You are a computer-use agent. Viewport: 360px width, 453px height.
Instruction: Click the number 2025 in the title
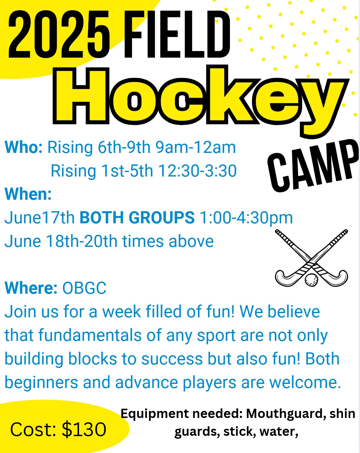[59, 34]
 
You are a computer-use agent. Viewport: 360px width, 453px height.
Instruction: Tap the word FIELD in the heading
[177, 34]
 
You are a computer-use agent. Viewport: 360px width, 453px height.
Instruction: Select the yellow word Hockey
[201, 101]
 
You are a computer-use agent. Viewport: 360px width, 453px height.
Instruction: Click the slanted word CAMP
[313, 166]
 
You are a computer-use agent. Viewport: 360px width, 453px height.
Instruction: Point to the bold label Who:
[24, 147]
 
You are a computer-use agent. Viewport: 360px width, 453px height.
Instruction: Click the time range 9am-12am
[196, 147]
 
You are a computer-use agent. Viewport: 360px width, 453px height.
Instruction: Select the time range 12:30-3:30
[197, 171]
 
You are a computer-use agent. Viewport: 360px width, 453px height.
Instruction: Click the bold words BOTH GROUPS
[137, 218]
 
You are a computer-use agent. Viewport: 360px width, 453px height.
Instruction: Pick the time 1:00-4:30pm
[246, 218]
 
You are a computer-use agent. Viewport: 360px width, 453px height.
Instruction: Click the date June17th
[39, 218]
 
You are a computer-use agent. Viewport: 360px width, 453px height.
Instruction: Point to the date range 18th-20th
[81, 241]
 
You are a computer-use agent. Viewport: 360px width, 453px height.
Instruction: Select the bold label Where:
[31, 288]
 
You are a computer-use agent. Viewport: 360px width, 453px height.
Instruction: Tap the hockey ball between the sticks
[311, 280]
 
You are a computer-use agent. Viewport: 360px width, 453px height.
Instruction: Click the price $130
[84, 429]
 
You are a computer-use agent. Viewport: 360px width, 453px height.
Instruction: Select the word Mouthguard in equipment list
[285, 414]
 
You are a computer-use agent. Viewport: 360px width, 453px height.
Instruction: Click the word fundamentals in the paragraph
[90, 335]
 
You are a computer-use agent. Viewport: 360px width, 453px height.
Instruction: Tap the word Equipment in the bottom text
[155, 414]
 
